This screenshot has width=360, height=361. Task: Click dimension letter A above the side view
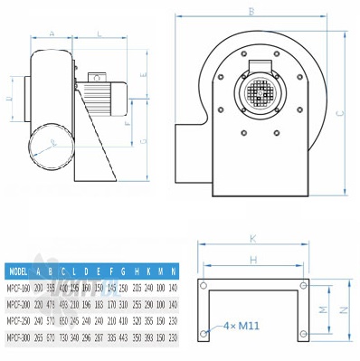[52, 33]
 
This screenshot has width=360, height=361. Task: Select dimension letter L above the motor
[97, 33]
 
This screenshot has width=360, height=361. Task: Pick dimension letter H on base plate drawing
[253, 259]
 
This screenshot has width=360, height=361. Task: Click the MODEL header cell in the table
[17, 271]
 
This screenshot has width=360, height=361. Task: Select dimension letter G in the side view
[146, 142]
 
